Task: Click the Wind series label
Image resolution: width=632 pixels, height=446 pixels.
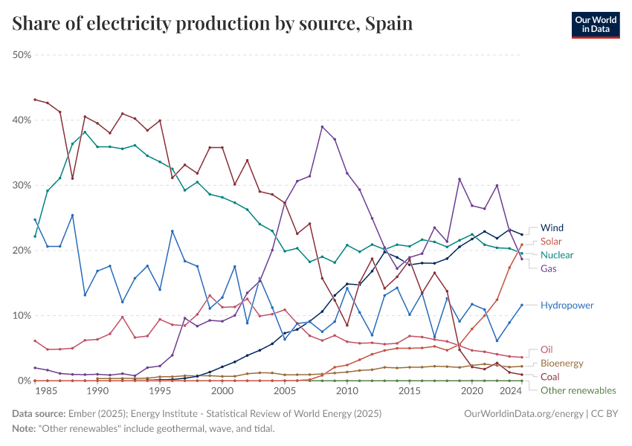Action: [x=552, y=227]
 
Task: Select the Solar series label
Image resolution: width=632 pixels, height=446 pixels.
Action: [x=552, y=242]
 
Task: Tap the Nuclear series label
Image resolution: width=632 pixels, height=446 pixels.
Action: [x=557, y=255]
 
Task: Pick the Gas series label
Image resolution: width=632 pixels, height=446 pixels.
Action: [x=549, y=268]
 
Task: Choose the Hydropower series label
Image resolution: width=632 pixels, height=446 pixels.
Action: [x=567, y=305]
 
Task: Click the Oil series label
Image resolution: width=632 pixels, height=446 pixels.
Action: [x=546, y=349]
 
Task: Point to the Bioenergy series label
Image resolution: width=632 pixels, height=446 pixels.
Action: [x=562, y=363]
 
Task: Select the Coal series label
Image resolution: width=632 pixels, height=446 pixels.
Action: [x=550, y=377]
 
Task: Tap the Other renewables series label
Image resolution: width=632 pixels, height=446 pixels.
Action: [x=578, y=390]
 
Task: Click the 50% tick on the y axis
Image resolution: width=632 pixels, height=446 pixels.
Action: [x=22, y=55]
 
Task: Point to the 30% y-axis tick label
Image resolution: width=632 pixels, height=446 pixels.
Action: [x=22, y=185]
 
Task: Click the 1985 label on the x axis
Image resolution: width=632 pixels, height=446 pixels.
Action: [x=48, y=391]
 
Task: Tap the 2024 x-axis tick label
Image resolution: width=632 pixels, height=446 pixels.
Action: [x=510, y=391]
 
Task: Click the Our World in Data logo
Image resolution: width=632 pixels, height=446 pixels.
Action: [x=596, y=25]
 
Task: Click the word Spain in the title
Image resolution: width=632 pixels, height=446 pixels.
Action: [x=388, y=24]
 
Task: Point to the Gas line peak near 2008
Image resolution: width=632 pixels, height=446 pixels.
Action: [x=322, y=126]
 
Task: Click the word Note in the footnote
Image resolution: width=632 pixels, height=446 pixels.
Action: [x=23, y=429]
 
